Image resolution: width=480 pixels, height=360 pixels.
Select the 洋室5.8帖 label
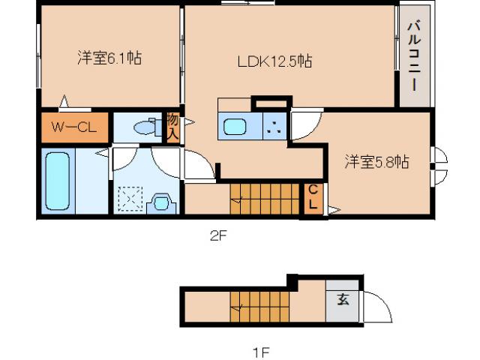(x=376, y=161)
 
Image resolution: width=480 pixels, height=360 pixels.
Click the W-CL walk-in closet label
(x=73, y=127)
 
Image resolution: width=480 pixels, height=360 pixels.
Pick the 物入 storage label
(x=172, y=127)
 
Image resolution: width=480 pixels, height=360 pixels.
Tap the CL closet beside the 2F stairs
(x=312, y=198)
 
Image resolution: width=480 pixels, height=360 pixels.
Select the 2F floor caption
(x=217, y=235)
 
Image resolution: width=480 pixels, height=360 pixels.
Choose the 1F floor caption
(x=259, y=350)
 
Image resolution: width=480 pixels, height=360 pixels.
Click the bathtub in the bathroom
(x=57, y=180)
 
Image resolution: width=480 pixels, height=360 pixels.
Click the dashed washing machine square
(x=129, y=200)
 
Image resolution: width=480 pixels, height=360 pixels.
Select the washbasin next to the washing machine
(x=160, y=202)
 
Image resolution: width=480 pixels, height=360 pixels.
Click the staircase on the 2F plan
(x=263, y=198)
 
